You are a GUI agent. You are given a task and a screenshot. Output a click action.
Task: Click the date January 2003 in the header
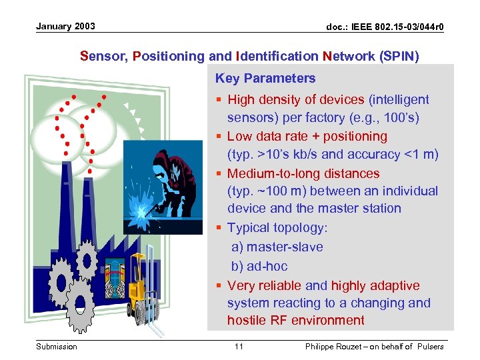(65, 27)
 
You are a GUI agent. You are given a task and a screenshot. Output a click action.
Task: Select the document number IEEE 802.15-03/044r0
(385, 27)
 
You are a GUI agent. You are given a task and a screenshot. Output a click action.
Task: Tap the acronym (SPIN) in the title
(399, 56)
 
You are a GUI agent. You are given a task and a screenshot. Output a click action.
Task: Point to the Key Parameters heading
(265, 78)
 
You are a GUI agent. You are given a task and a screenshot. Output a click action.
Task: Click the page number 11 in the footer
(239, 346)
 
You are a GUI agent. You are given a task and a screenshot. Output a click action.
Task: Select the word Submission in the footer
(57, 346)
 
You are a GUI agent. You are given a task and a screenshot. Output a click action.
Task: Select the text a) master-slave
(277, 247)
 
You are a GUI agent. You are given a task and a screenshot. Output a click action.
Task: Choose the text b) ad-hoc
(259, 266)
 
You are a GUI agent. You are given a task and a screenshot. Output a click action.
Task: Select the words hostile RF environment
(295, 320)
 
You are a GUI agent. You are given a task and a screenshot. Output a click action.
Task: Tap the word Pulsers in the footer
(430, 346)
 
